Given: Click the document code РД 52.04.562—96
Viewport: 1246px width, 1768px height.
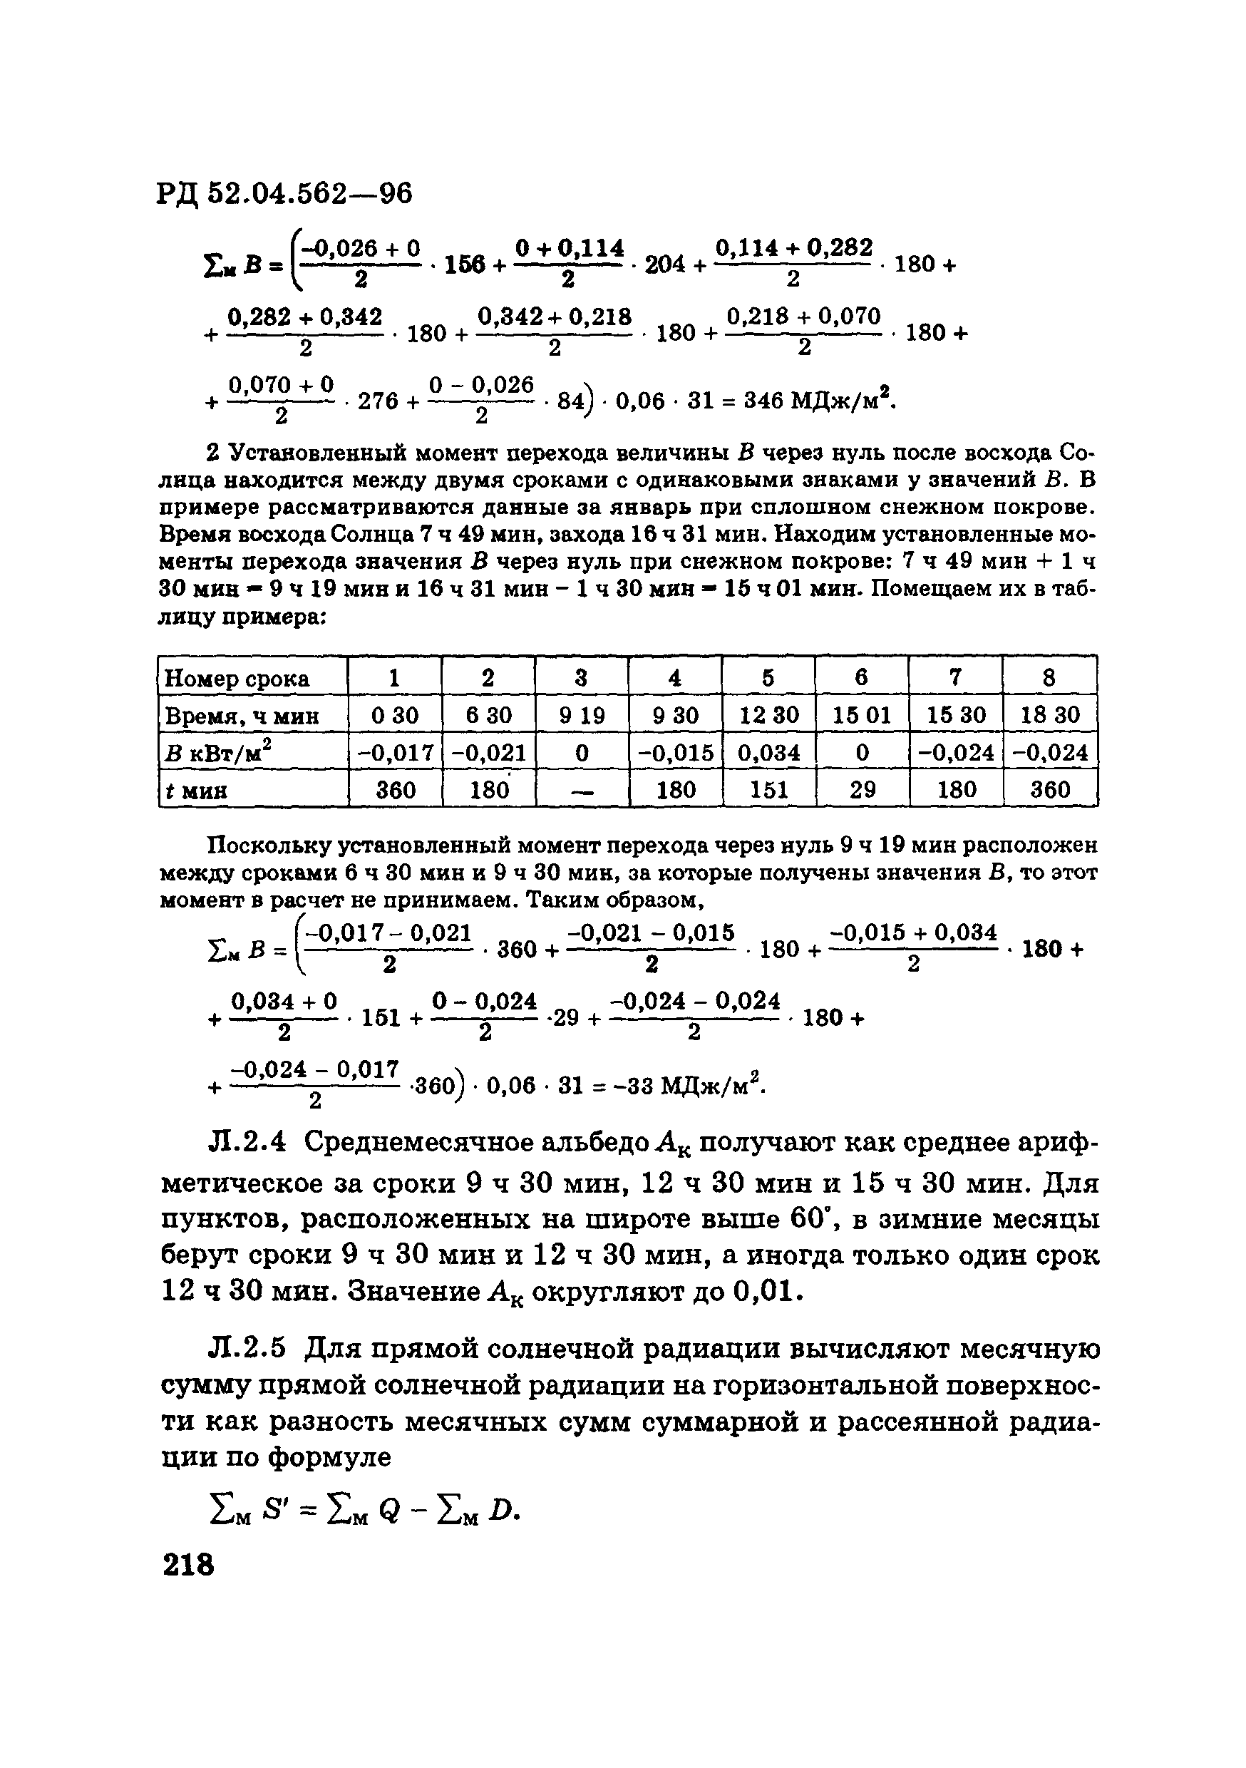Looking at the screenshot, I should tap(284, 193).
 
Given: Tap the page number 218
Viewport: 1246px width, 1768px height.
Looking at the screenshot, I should tap(188, 1564).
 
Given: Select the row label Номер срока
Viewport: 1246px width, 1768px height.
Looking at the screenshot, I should tap(237, 679).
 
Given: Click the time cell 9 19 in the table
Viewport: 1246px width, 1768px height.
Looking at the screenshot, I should tap(582, 715).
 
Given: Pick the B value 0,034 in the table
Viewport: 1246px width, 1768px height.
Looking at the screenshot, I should tap(768, 752).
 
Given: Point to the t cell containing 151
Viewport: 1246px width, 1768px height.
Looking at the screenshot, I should tap(768, 789).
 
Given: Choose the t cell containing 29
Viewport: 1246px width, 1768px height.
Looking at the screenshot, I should tap(862, 789).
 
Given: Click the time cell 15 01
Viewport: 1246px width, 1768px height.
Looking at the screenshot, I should tap(862, 715).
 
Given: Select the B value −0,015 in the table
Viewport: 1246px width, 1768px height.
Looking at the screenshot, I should tap(674, 752).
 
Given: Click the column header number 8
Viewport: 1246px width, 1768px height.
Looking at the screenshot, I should tap(1048, 678).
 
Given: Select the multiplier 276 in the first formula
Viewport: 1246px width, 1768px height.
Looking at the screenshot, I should tap(377, 401).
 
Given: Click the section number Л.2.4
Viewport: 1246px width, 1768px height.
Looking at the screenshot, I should tap(247, 1142).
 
